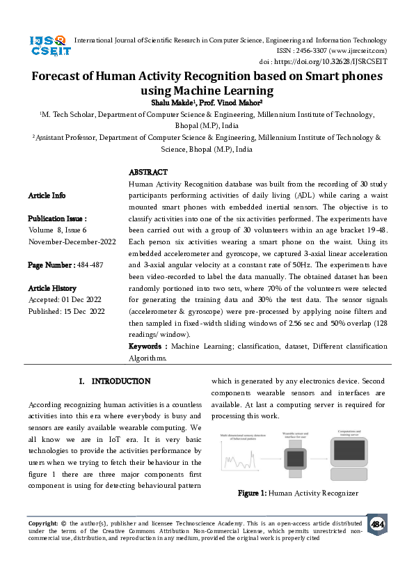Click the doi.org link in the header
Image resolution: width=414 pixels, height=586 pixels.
pyautogui.click(x=332, y=61)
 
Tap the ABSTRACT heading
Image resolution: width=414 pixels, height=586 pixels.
pyautogui.click(x=148, y=172)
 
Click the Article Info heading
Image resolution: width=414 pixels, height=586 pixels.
pyautogui.click(x=47, y=196)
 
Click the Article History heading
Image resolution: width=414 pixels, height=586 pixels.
pyautogui.click(x=52, y=288)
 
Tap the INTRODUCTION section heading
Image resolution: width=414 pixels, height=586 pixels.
pyautogui.click(x=121, y=381)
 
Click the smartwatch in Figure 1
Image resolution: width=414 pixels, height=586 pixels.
pyautogui.click(x=295, y=459)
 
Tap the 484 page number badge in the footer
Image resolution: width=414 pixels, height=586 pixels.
pyautogui.click(x=377, y=524)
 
